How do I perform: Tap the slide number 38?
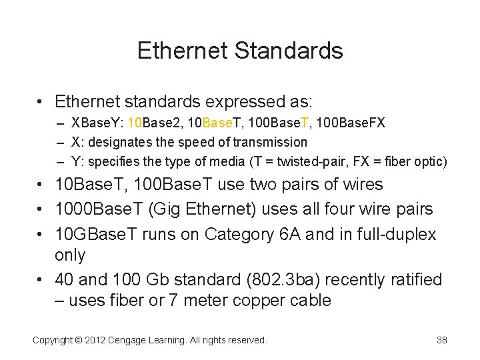[x=441, y=340]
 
